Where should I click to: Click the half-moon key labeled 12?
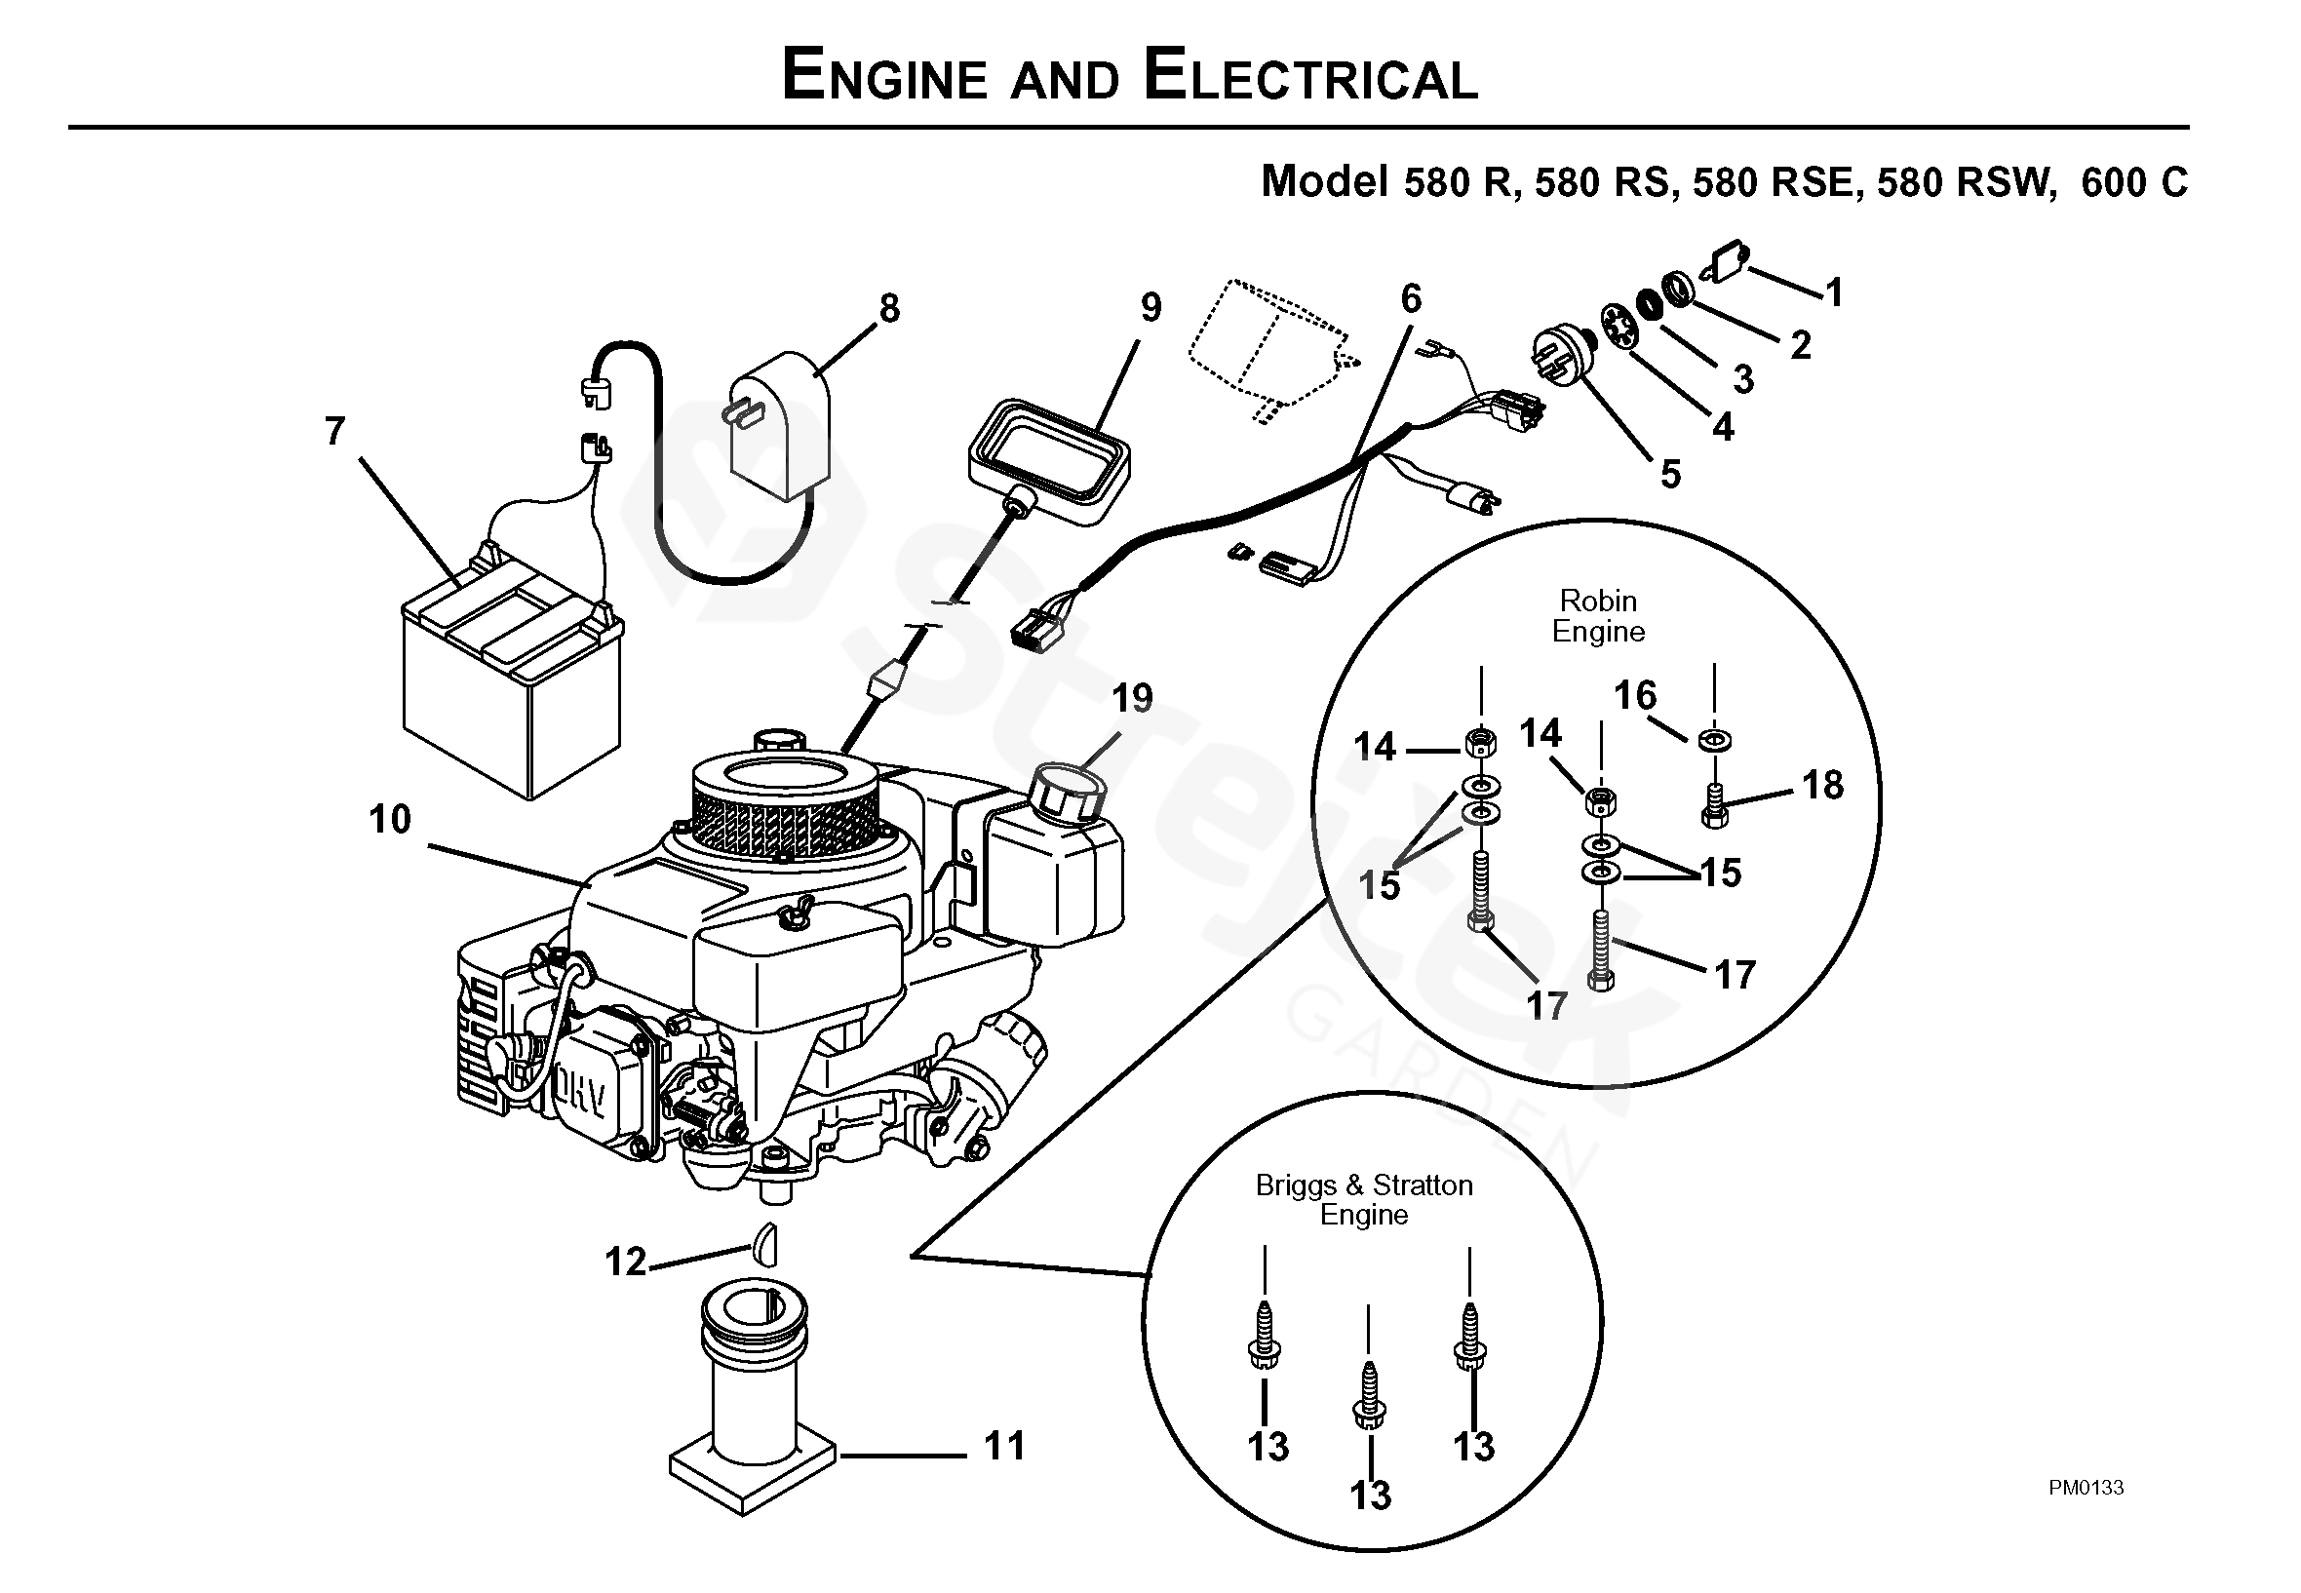764,1242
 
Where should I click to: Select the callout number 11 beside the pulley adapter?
1004,1445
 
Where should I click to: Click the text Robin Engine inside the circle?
1598,616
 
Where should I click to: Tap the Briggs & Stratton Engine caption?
1364,1199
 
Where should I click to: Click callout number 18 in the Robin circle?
1823,785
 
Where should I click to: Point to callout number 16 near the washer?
1635,695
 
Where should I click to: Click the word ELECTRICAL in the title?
1309,77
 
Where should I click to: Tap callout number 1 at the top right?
1834,292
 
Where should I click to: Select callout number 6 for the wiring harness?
1411,297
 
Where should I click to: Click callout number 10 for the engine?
389,820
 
